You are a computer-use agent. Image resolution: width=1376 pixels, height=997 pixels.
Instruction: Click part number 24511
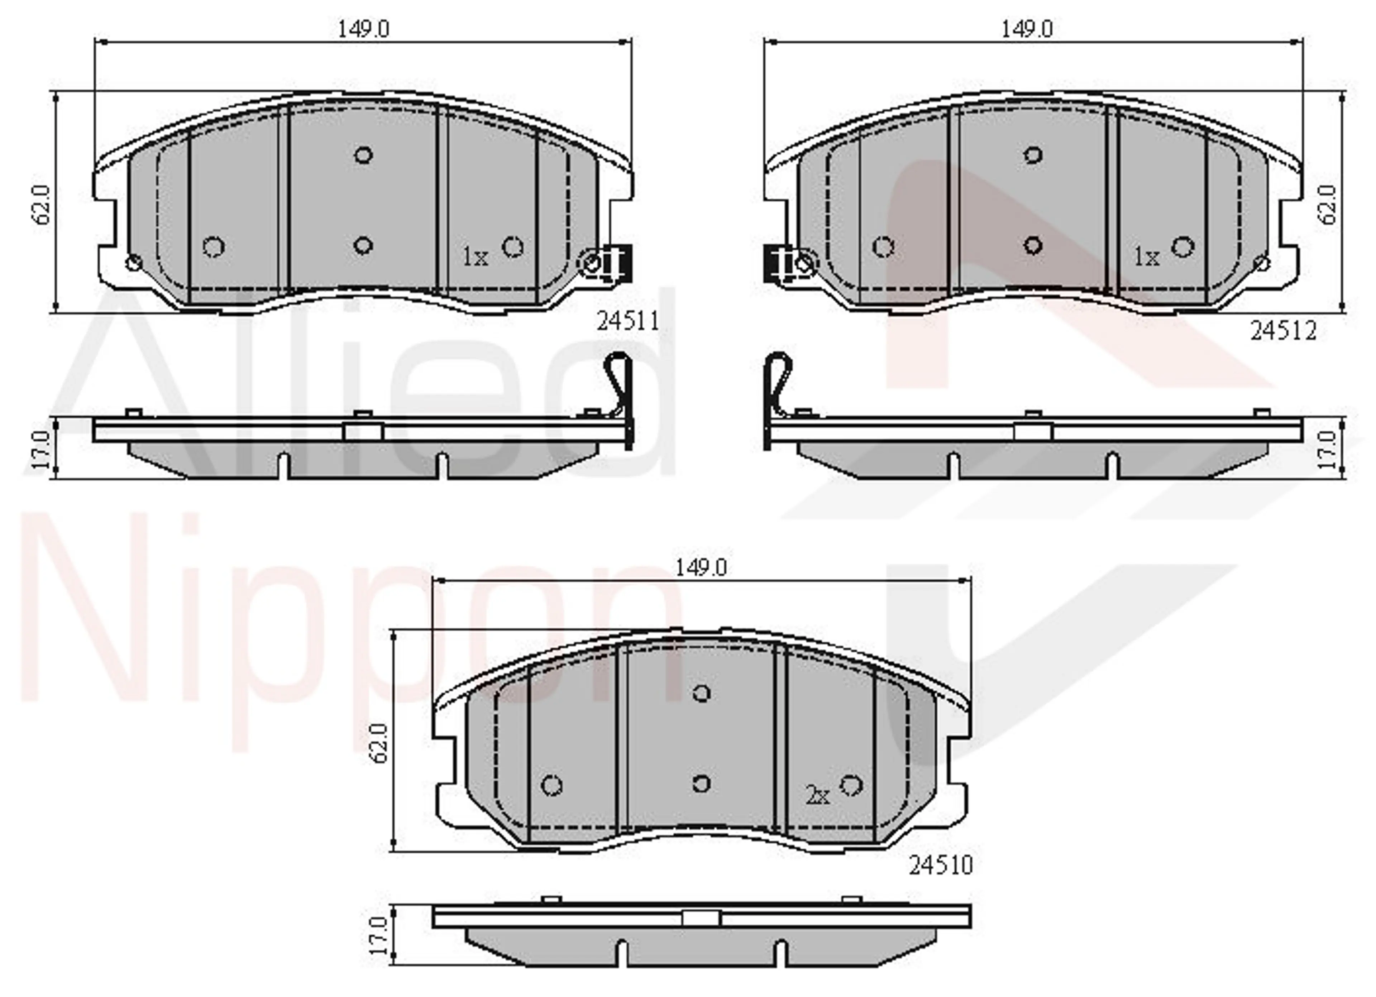[x=628, y=320]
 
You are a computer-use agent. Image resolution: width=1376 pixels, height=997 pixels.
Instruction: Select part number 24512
[x=1282, y=331]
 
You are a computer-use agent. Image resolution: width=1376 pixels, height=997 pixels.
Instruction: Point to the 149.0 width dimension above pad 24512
[x=1027, y=29]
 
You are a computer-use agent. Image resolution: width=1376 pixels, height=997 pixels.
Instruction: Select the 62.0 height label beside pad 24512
[x=1328, y=205]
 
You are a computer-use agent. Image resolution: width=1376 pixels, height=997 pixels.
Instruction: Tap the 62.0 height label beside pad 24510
[x=381, y=743]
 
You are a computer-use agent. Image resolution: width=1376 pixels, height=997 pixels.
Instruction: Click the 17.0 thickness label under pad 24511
[x=40, y=450]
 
